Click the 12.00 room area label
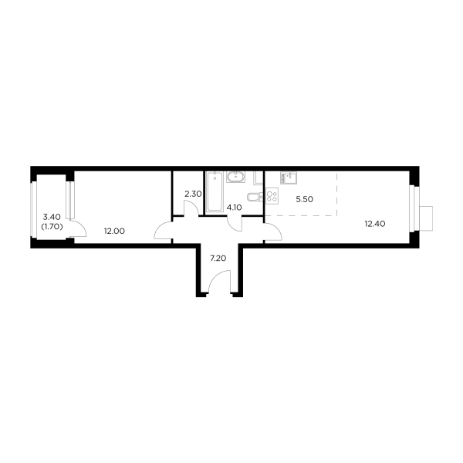[114, 231]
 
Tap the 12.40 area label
[375, 224]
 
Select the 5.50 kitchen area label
[305, 199]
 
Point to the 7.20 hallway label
[218, 259]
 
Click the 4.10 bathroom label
[234, 208]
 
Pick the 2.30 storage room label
[193, 194]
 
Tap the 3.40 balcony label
[52, 217]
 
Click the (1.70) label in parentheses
[52, 227]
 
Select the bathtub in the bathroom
[215, 192]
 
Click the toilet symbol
[255, 197]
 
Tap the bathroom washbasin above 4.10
[235, 177]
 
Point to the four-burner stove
[272, 196]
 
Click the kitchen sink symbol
[289, 178]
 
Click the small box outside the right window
[426, 218]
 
